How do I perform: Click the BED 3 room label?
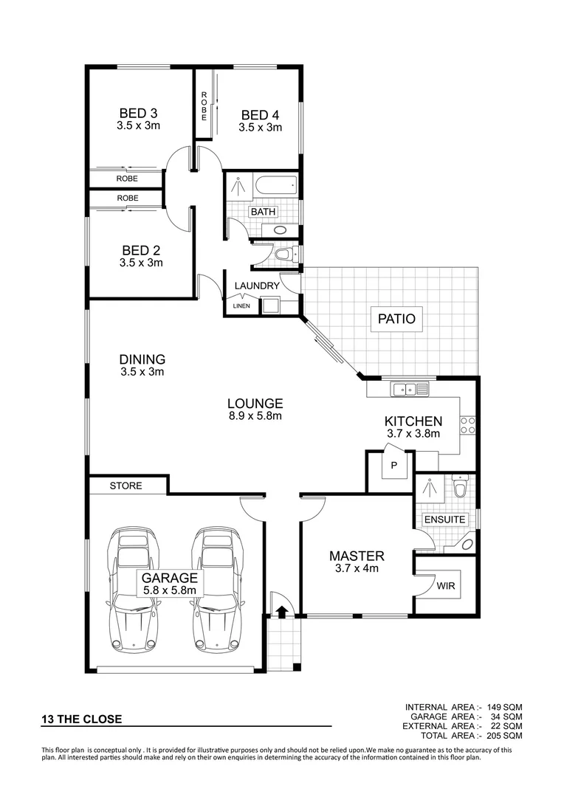tap(138, 114)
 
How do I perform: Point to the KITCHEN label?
tap(413, 421)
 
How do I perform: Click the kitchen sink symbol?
tap(407, 388)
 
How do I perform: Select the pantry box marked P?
tap(394, 465)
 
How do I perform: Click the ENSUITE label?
tap(444, 520)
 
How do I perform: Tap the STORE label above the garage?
tap(125, 486)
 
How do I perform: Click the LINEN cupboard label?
tap(241, 306)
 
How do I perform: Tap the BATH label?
tap(263, 212)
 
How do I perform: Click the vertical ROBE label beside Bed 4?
tap(203, 106)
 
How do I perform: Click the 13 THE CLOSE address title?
tap(81, 719)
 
